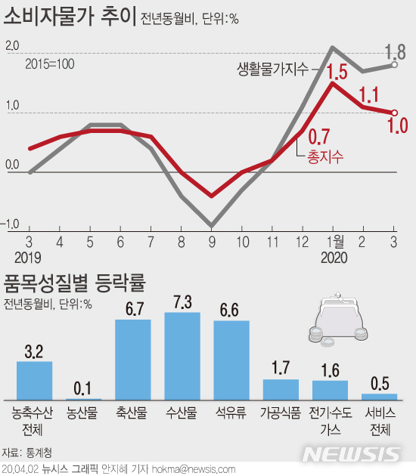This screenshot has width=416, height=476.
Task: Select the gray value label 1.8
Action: click(395, 52)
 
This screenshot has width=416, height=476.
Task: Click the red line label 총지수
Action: click(325, 157)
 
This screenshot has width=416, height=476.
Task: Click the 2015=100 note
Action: click(49, 63)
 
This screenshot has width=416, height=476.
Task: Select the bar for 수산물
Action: click(182, 356)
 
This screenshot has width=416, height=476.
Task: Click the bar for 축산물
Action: click(132, 360)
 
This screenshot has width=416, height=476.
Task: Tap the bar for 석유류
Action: click(231, 360)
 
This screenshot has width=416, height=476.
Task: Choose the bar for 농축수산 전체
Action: click(34, 381)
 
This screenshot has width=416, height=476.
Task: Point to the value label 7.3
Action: click(182, 301)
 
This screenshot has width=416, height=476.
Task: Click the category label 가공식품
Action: click(281, 413)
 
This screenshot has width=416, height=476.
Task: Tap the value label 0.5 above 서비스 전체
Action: click(379, 383)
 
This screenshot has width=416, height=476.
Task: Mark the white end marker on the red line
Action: click(394, 113)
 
